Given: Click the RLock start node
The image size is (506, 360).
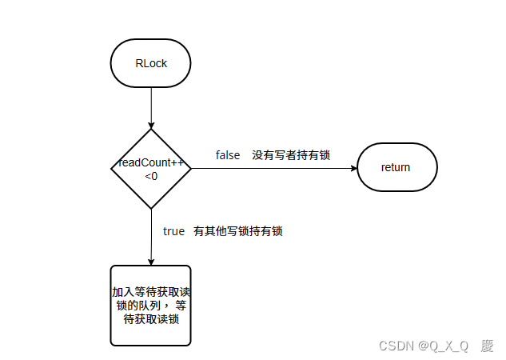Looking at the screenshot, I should (x=150, y=63).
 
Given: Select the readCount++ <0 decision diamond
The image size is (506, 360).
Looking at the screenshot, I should (x=150, y=168).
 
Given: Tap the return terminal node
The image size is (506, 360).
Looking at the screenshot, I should (x=396, y=167).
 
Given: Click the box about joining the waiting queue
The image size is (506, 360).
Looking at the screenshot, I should (x=150, y=305).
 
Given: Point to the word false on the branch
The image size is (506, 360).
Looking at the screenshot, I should (x=228, y=155).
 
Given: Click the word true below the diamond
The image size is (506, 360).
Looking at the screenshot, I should (x=173, y=231).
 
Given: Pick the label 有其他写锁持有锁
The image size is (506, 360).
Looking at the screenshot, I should (x=238, y=231).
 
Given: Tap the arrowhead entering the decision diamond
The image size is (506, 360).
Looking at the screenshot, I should (x=151, y=125).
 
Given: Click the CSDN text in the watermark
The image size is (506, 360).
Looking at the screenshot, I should (x=396, y=346).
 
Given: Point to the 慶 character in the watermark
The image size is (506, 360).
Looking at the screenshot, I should (x=487, y=346).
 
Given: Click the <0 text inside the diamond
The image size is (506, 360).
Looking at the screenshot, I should (x=151, y=175).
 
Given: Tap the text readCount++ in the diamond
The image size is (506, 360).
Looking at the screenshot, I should (x=151, y=163).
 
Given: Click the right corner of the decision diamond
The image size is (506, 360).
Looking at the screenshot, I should (x=190, y=168).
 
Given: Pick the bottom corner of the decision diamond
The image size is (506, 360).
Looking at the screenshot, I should (x=151, y=208).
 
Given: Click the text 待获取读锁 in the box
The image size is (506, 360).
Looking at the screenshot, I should (x=150, y=318).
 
